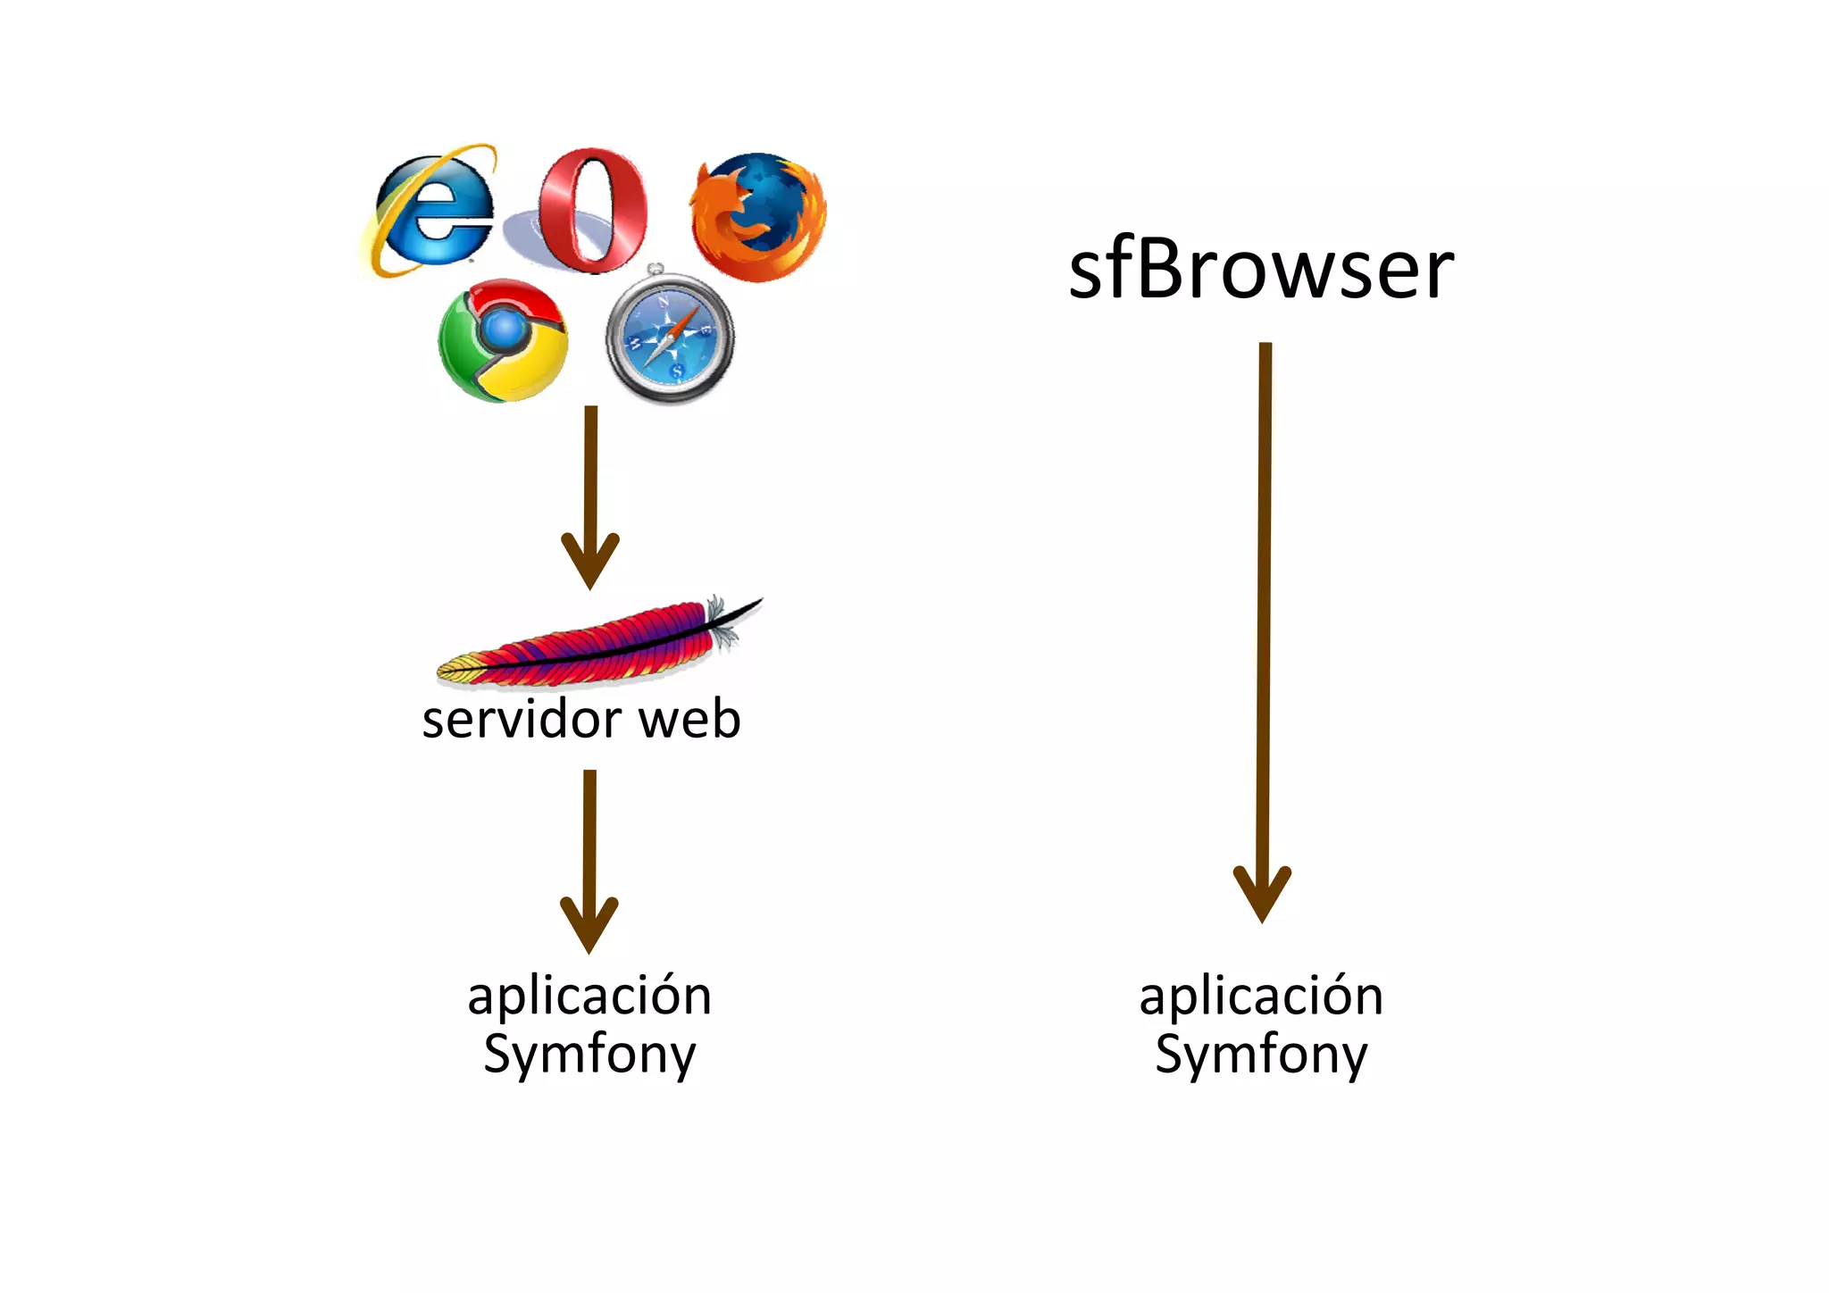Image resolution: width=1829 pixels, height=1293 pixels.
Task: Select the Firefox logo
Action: click(x=758, y=217)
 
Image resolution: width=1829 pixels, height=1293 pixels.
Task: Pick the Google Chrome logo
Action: click(x=503, y=340)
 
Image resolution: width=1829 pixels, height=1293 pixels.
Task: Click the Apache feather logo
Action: click(x=598, y=643)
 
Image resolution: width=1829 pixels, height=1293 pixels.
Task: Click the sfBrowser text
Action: click(x=1261, y=270)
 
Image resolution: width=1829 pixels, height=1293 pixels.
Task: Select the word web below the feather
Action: click(x=690, y=720)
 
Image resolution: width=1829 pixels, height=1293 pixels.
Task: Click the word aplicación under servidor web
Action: click(x=589, y=996)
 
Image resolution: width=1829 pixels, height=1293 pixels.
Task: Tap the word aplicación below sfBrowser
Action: click(x=1261, y=996)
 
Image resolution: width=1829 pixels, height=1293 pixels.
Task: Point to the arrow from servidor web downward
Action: click(x=589, y=857)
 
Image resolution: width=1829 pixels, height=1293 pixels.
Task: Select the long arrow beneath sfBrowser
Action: click(x=1264, y=625)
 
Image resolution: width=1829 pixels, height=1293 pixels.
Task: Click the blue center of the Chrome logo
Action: click(x=505, y=330)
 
